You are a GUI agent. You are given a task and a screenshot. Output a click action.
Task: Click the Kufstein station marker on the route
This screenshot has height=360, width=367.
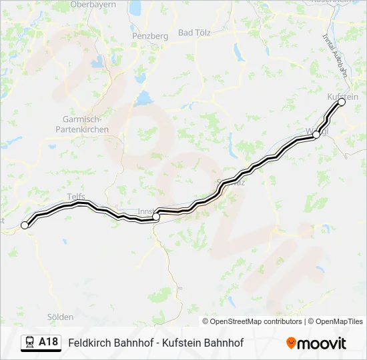click(x=342, y=102)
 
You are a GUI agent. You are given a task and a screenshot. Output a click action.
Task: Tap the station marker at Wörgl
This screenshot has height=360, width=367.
click(x=316, y=135)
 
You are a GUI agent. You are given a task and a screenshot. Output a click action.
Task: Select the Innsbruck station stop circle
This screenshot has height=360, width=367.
click(x=156, y=216)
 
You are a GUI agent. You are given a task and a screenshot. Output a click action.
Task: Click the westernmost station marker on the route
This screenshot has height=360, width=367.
click(x=25, y=225)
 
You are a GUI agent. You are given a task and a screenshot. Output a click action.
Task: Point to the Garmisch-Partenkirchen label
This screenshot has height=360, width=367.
click(x=81, y=125)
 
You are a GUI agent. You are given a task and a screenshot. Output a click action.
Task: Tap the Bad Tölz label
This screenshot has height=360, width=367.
click(x=194, y=33)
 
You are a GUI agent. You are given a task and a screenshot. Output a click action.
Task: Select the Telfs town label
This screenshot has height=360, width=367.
click(x=77, y=196)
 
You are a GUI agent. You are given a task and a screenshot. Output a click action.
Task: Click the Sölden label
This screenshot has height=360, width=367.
click(x=61, y=317)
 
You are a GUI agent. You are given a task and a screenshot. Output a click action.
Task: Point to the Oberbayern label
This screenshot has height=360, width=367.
click(x=93, y=4)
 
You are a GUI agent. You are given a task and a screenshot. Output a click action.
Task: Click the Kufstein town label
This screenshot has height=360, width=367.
click(x=343, y=97)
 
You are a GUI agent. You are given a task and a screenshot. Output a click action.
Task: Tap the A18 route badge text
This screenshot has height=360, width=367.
click(x=48, y=342)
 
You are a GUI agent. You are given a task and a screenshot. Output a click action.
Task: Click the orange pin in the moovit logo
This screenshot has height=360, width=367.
click(x=291, y=343)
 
